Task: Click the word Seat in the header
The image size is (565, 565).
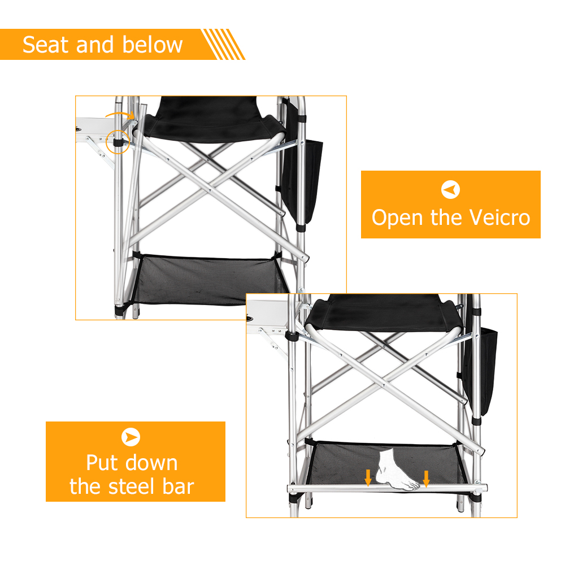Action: pos(45,45)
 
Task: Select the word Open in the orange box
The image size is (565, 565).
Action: pos(397,218)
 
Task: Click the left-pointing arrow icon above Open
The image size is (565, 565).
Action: pos(450,189)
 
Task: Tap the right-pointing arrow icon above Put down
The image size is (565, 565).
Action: pos(131,437)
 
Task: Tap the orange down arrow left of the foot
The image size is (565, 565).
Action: pos(368,478)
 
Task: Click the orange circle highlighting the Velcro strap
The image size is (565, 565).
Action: pos(118,131)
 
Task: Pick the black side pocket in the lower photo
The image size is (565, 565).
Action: pos(479,371)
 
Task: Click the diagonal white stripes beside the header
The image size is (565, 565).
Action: pos(223,44)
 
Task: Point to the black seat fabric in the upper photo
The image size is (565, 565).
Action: pos(212,119)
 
